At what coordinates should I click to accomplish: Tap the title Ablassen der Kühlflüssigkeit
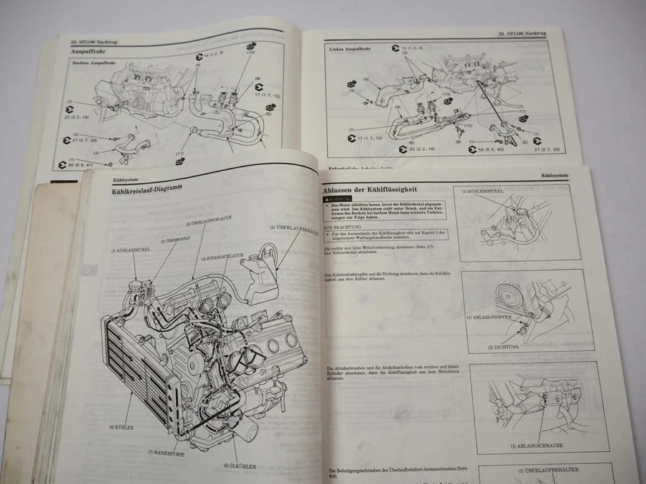pyautogui.click(x=370, y=190)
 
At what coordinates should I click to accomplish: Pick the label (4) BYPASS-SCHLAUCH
pyautogui.click(x=222, y=258)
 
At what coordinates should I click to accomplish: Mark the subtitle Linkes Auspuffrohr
pyautogui.click(x=349, y=49)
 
